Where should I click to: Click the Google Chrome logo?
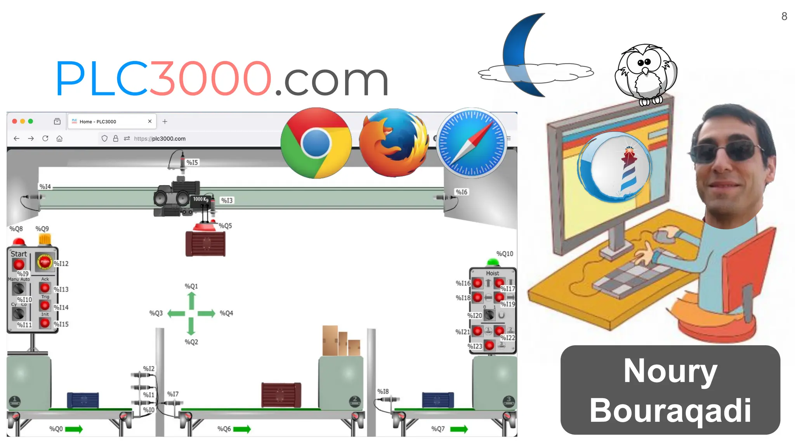click(316, 143)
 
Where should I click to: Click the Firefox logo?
click(394, 143)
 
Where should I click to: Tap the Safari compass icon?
click(472, 143)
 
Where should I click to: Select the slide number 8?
click(784, 16)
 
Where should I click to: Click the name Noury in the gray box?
click(670, 371)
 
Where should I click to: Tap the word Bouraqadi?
click(670, 411)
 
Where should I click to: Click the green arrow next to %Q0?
click(74, 429)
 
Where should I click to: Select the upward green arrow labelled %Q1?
click(191, 301)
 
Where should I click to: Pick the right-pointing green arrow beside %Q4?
click(206, 314)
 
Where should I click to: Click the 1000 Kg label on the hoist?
click(201, 199)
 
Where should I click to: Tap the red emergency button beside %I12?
click(45, 262)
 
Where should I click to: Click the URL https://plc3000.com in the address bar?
click(160, 139)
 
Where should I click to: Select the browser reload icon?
click(45, 139)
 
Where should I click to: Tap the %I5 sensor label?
click(192, 162)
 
